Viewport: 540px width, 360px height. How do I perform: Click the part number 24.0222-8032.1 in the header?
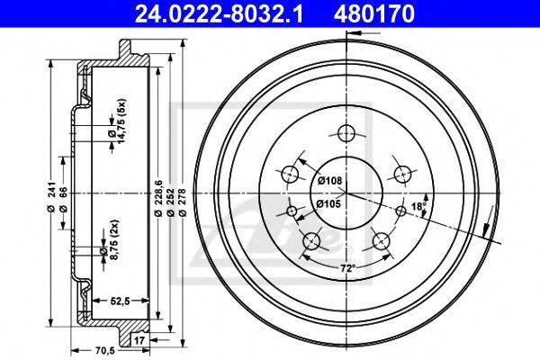(219, 13)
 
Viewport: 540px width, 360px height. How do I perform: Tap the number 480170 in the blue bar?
(374, 13)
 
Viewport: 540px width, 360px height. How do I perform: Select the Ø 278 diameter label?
(183, 202)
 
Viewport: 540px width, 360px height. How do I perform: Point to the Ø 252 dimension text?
(170, 202)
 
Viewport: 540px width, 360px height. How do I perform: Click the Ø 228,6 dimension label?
(158, 198)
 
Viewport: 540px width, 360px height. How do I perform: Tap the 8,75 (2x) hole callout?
(110, 238)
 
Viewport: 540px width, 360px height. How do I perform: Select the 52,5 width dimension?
(121, 301)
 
